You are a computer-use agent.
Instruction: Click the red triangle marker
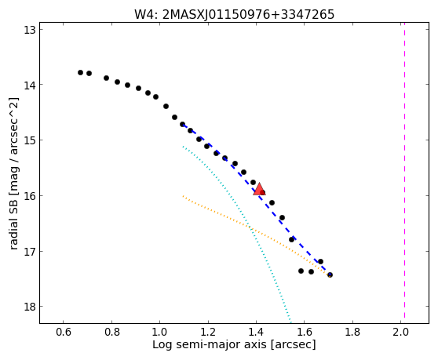[x=259, y=189]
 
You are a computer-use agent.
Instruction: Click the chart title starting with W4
[x=235, y=14]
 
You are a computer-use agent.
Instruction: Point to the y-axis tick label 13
[x=30, y=30]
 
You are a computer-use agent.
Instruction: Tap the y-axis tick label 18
[x=30, y=307]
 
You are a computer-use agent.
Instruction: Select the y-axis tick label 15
[x=30, y=140]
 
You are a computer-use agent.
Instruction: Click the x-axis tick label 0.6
[x=64, y=332]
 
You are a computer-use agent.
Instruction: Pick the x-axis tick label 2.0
[x=400, y=332]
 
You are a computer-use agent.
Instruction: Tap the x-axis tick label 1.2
[x=208, y=332]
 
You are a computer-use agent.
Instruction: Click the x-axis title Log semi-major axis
[x=210, y=345]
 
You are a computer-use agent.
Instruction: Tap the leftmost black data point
[x=80, y=73]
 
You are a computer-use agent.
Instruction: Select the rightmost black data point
[x=330, y=275]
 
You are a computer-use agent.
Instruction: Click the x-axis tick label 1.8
[x=352, y=332]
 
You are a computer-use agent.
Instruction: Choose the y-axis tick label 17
[x=30, y=252]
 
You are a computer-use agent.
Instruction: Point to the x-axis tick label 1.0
[x=160, y=332]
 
